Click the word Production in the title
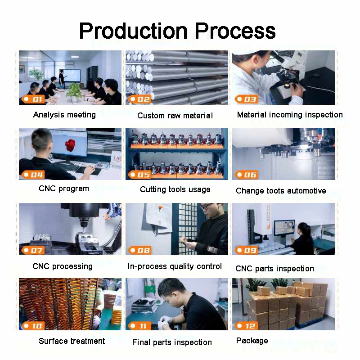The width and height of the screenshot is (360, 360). coord(133,31)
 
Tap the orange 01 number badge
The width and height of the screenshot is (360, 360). coord(33,99)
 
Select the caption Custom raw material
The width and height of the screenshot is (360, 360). coord(175,116)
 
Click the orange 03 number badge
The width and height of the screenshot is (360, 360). coord(246,99)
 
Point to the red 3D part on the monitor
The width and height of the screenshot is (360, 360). coord(70,145)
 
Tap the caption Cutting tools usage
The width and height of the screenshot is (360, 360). coord(175,189)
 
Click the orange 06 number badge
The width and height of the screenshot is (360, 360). coord(246,175)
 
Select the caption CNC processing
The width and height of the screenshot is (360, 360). coord(63,266)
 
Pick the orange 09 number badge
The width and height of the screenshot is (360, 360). coord(246,250)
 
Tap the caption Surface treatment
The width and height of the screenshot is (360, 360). coord(72,341)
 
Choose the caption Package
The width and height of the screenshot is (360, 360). coord(252,341)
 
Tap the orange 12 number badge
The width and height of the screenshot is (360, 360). coord(246,325)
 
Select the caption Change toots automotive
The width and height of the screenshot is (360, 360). coord(281,191)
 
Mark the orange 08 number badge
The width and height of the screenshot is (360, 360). coord(140,250)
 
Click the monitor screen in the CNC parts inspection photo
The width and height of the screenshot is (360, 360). coord(284,228)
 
